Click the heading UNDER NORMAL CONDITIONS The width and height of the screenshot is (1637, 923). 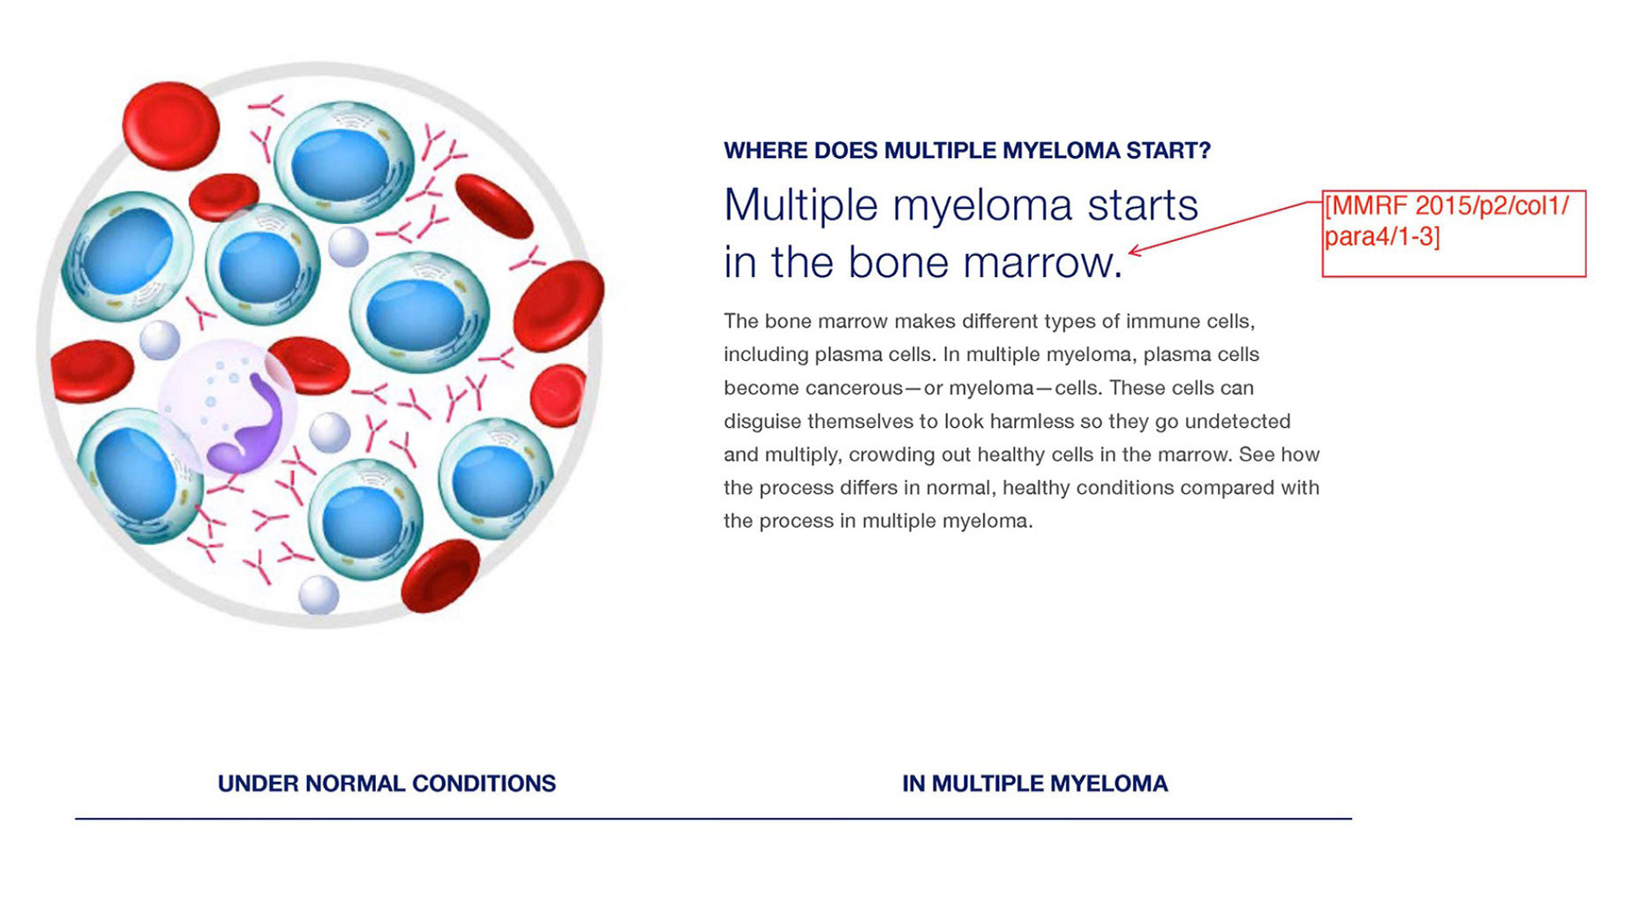[x=387, y=784]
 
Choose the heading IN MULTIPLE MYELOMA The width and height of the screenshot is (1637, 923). [x=1034, y=784]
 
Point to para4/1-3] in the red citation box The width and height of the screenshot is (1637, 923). [x=1382, y=237]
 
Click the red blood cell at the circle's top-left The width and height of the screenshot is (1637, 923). [x=170, y=125]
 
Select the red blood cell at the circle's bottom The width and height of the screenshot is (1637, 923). [x=439, y=576]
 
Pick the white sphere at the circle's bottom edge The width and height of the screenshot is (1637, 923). [x=318, y=595]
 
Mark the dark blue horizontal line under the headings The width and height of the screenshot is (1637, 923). [x=713, y=819]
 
